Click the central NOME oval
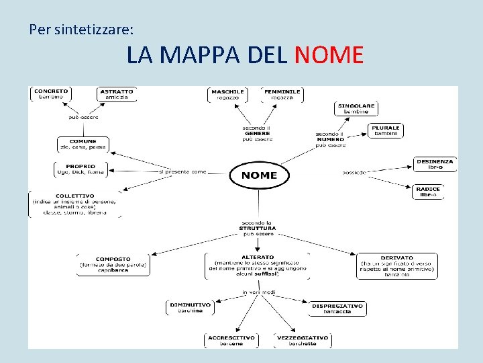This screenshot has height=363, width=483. point(259,175)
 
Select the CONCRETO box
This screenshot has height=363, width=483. point(51,94)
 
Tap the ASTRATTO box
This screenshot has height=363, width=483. point(117,94)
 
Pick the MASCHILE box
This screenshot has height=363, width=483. point(227,94)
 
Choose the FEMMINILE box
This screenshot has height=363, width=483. point(282,94)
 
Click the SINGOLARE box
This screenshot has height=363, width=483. point(356,108)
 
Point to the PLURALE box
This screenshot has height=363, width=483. point(386,130)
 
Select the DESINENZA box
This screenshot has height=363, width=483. point(435,164)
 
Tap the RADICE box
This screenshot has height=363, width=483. point(428,192)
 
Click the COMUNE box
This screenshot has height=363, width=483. point(83,144)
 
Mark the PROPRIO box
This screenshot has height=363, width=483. point(80,169)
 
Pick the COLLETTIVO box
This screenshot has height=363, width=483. point(76,204)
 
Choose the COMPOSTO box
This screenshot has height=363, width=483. point(113,264)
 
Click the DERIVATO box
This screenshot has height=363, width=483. point(397,266)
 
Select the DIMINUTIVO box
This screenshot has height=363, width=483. point(191,307)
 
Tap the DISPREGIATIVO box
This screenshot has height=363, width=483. point(337,308)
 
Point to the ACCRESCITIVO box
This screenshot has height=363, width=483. point(231,340)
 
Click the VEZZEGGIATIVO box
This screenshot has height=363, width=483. point(303,340)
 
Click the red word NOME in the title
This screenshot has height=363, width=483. point(329,54)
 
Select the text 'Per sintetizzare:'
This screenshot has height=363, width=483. point(81,30)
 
